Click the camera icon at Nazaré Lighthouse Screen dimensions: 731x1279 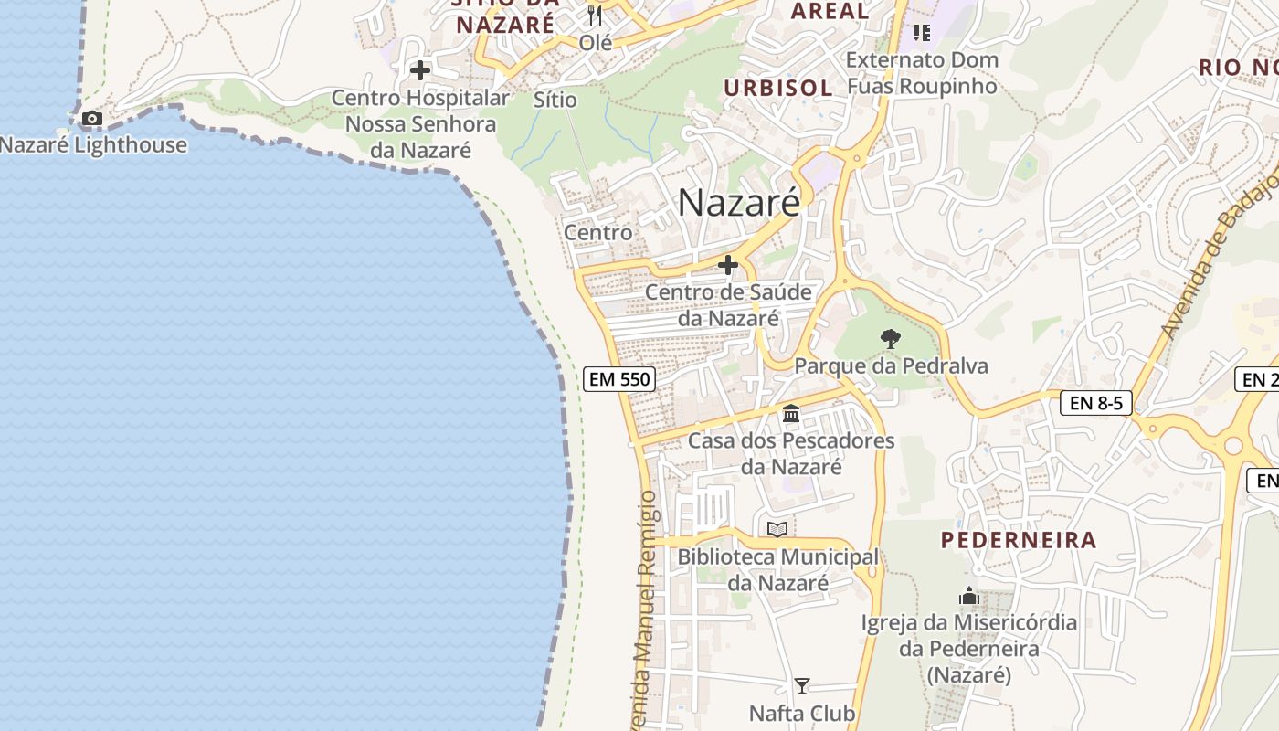pyautogui.click(x=91, y=118)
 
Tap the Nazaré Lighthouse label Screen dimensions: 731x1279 pyautogui.click(x=93, y=145)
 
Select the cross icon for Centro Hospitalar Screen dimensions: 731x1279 pyautogui.click(x=420, y=69)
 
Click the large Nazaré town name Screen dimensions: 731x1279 pyautogui.click(x=738, y=202)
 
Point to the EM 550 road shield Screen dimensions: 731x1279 pyautogui.click(x=619, y=378)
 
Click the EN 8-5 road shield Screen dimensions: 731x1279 pyautogui.click(x=1095, y=402)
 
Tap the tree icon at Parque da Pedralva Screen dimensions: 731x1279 pyautogui.click(x=891, y=339)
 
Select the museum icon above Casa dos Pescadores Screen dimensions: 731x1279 pyautogui.click(x=791, y=413)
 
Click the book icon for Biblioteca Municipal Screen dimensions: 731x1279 pyautogui.click(x=777, y=529)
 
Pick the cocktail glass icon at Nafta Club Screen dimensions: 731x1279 pyautogui.click(x=801, y=686)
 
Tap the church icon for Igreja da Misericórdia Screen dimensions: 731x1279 pyautogui.click(x=969, y=597)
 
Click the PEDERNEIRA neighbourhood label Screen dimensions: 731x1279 pyautogui.click(x=1019, y=540)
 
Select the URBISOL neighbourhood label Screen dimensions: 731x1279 pyautogui.click(x=778, y=88)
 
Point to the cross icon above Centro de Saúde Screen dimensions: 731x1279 pyautogui.click(x=728, y=265)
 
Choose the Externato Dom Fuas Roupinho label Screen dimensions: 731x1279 pyautogui.click(x=923, y=73)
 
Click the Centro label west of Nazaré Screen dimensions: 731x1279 pyautogui.click(x=597, y=232)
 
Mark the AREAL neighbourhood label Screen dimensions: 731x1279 pyautogui.click(x=830, y=11)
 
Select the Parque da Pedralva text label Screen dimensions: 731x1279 pyautogui.click(x=891, y=366)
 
